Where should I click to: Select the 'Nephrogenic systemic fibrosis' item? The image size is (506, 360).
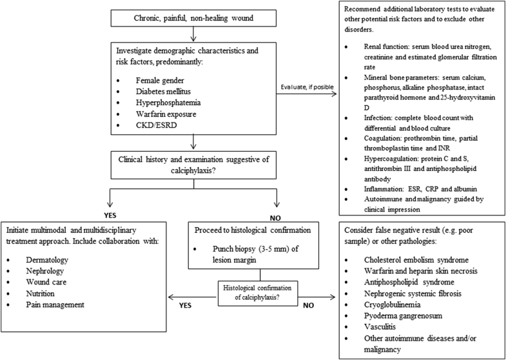416,295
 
